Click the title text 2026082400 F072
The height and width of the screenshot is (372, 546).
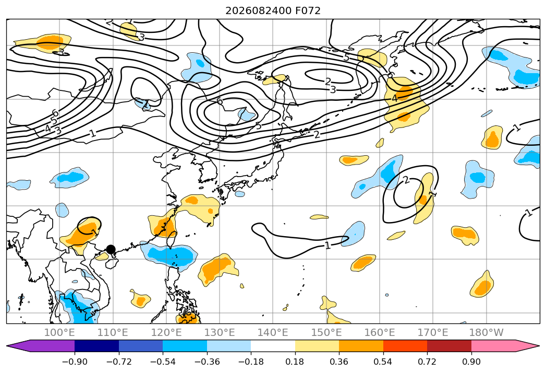pos(273,11)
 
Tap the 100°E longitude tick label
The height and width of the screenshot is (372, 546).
pos(59,332)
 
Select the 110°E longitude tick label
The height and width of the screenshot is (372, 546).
pos(113,332)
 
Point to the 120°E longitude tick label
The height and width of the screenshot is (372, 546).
pos(166,332)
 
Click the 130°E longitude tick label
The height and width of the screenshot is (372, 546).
pos(220,332)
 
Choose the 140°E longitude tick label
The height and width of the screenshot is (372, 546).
pos(273,332)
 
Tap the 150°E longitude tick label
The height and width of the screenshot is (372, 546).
pos(326,332)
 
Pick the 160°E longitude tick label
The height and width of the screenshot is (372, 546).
pos(380,332)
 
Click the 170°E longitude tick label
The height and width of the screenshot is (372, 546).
pos(433,332)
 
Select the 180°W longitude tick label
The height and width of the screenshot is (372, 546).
pos(486,332)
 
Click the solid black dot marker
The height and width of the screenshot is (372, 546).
pos(111,249)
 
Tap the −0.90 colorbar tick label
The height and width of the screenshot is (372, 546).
pos(75,362)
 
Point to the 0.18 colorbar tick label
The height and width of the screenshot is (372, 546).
pos(295,362)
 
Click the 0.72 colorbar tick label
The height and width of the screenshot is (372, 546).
pos(427,362)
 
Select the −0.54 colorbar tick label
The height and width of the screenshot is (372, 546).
pos(163,362)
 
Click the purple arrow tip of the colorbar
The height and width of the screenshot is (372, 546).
pos(7,346)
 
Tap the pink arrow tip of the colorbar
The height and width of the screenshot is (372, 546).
pos(539,346)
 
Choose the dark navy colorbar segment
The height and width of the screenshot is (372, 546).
pos(97,346)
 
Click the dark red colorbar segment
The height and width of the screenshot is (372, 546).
pos(449,346)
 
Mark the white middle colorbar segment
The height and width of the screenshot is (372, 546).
pos(273,346)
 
